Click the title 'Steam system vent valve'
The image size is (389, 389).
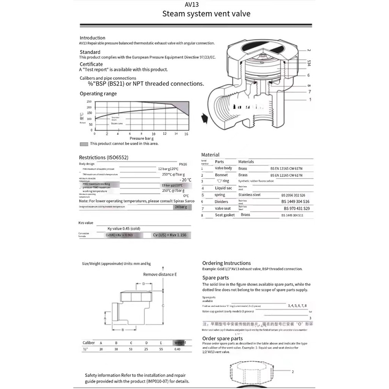(x=206, y=14)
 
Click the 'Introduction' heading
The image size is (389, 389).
(x=92, y=38)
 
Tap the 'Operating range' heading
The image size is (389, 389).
(x=98, y=93)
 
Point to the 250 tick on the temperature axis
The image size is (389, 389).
(x=89, y=102)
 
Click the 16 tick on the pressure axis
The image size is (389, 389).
(x=186, y=134)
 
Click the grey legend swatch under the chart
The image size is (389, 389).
(x=84, y=144)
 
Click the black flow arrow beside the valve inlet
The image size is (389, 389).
(x=205, y=117)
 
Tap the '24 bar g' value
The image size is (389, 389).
(x=180, y=207)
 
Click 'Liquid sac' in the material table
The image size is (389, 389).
(x=223, y=188)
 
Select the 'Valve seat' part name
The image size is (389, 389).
(x=223, y=209)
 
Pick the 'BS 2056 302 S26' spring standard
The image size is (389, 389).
(x=293, y=195)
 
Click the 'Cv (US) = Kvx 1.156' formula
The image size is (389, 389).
(x=170, y=235)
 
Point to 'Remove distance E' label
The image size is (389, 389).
(x=160, y=274)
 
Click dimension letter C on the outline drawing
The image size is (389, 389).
(x=163, y=306)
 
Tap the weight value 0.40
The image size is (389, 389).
(x=177, y=349)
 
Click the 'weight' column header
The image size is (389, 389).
(x=180, y=342)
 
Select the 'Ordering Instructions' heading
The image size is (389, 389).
(x=226, y=263)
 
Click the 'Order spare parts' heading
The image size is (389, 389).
(x=222, y=338)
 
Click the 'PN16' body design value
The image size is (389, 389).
(x=183, y=164)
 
